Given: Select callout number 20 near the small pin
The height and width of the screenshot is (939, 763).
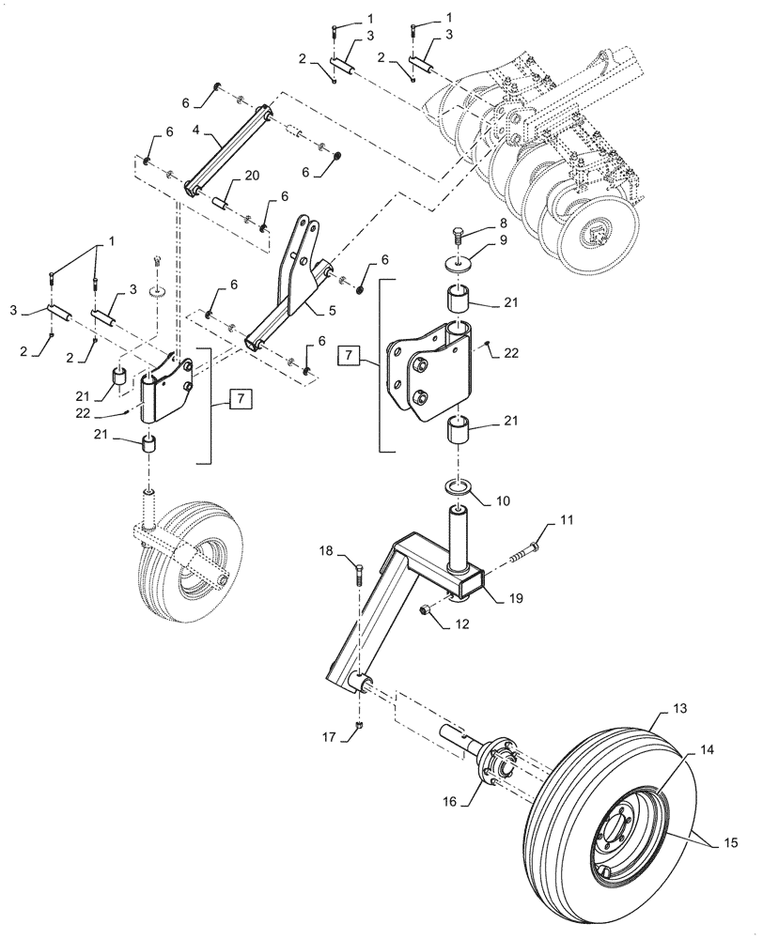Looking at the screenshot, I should [x=251, y=176].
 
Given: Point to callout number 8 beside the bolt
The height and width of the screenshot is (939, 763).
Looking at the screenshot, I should [x=504, y=223].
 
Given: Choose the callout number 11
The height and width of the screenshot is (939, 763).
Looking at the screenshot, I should [x=567, y=519].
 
